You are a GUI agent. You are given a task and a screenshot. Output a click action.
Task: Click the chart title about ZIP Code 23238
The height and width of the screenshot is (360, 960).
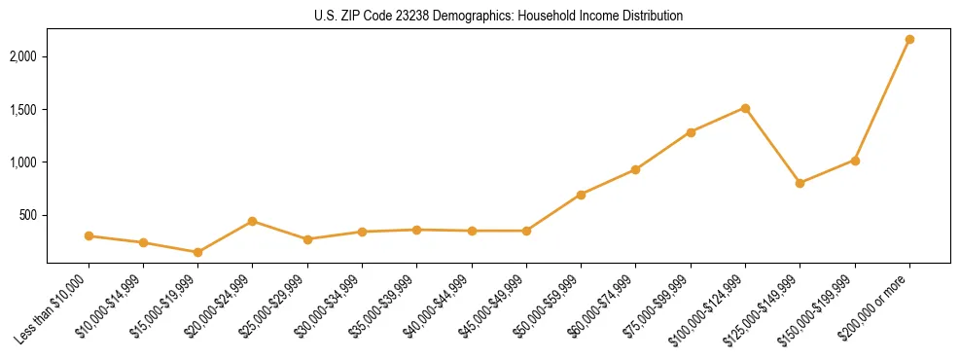[x=498, y=17]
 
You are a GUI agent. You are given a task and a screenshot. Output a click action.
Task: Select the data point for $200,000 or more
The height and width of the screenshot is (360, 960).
[x=909, y=39]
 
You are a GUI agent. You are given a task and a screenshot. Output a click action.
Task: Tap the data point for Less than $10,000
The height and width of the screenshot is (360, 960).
[x=89, y=235]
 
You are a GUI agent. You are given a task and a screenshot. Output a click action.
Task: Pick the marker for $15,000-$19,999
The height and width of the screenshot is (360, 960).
[x=198, y=252]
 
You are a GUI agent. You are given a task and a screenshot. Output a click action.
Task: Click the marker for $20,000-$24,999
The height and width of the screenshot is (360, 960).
[x=253, y=221]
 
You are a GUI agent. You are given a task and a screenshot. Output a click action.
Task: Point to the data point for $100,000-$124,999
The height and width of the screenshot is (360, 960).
[x=745, y=108]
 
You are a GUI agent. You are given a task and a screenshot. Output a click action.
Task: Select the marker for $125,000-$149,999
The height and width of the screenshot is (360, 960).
[x=800, y=183]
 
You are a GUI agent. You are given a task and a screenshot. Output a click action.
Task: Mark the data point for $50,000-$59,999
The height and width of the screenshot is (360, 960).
[x=581, y=195]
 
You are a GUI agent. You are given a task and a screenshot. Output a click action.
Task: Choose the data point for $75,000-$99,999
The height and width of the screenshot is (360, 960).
[x=691, y=132]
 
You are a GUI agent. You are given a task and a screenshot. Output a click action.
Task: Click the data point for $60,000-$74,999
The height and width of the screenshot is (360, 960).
[x=635, y=169]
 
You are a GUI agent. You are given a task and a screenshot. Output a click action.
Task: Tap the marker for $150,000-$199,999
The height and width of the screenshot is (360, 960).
[x=855, y=161]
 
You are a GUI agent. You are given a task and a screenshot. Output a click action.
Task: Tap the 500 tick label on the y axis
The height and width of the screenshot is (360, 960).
[x=29, y=215]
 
